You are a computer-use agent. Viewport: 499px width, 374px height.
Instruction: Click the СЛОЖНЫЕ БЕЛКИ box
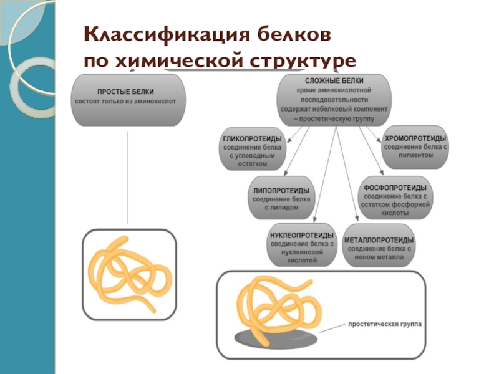[x=336, y=98]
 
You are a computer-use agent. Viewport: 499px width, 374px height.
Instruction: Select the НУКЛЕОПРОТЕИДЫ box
[x=303, y=247]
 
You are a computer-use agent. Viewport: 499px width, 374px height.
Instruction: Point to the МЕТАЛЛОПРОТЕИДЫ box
[x=380, y=247]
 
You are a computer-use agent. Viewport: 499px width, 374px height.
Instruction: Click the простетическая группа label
[x=385, y=325]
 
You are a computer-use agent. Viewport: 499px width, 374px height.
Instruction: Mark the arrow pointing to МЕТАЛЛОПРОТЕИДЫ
[x=344, y=181]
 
